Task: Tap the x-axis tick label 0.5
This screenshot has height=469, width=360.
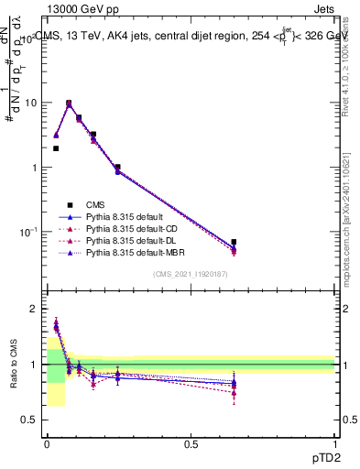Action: pyautogui.click(x=191, y=444)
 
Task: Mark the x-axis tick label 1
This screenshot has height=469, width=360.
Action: pyautogui.click(x=334, y=444)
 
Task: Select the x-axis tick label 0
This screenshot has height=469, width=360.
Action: pyautogui.click(x=47, y=444)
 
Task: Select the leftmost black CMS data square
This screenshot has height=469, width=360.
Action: pyautogui.click(x=56, y=148)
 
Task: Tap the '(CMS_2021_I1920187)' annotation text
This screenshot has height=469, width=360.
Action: pyautogui.click(x=190, y=274)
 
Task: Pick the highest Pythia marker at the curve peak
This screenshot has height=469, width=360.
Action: pyautogui.click(x=69, y=104)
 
